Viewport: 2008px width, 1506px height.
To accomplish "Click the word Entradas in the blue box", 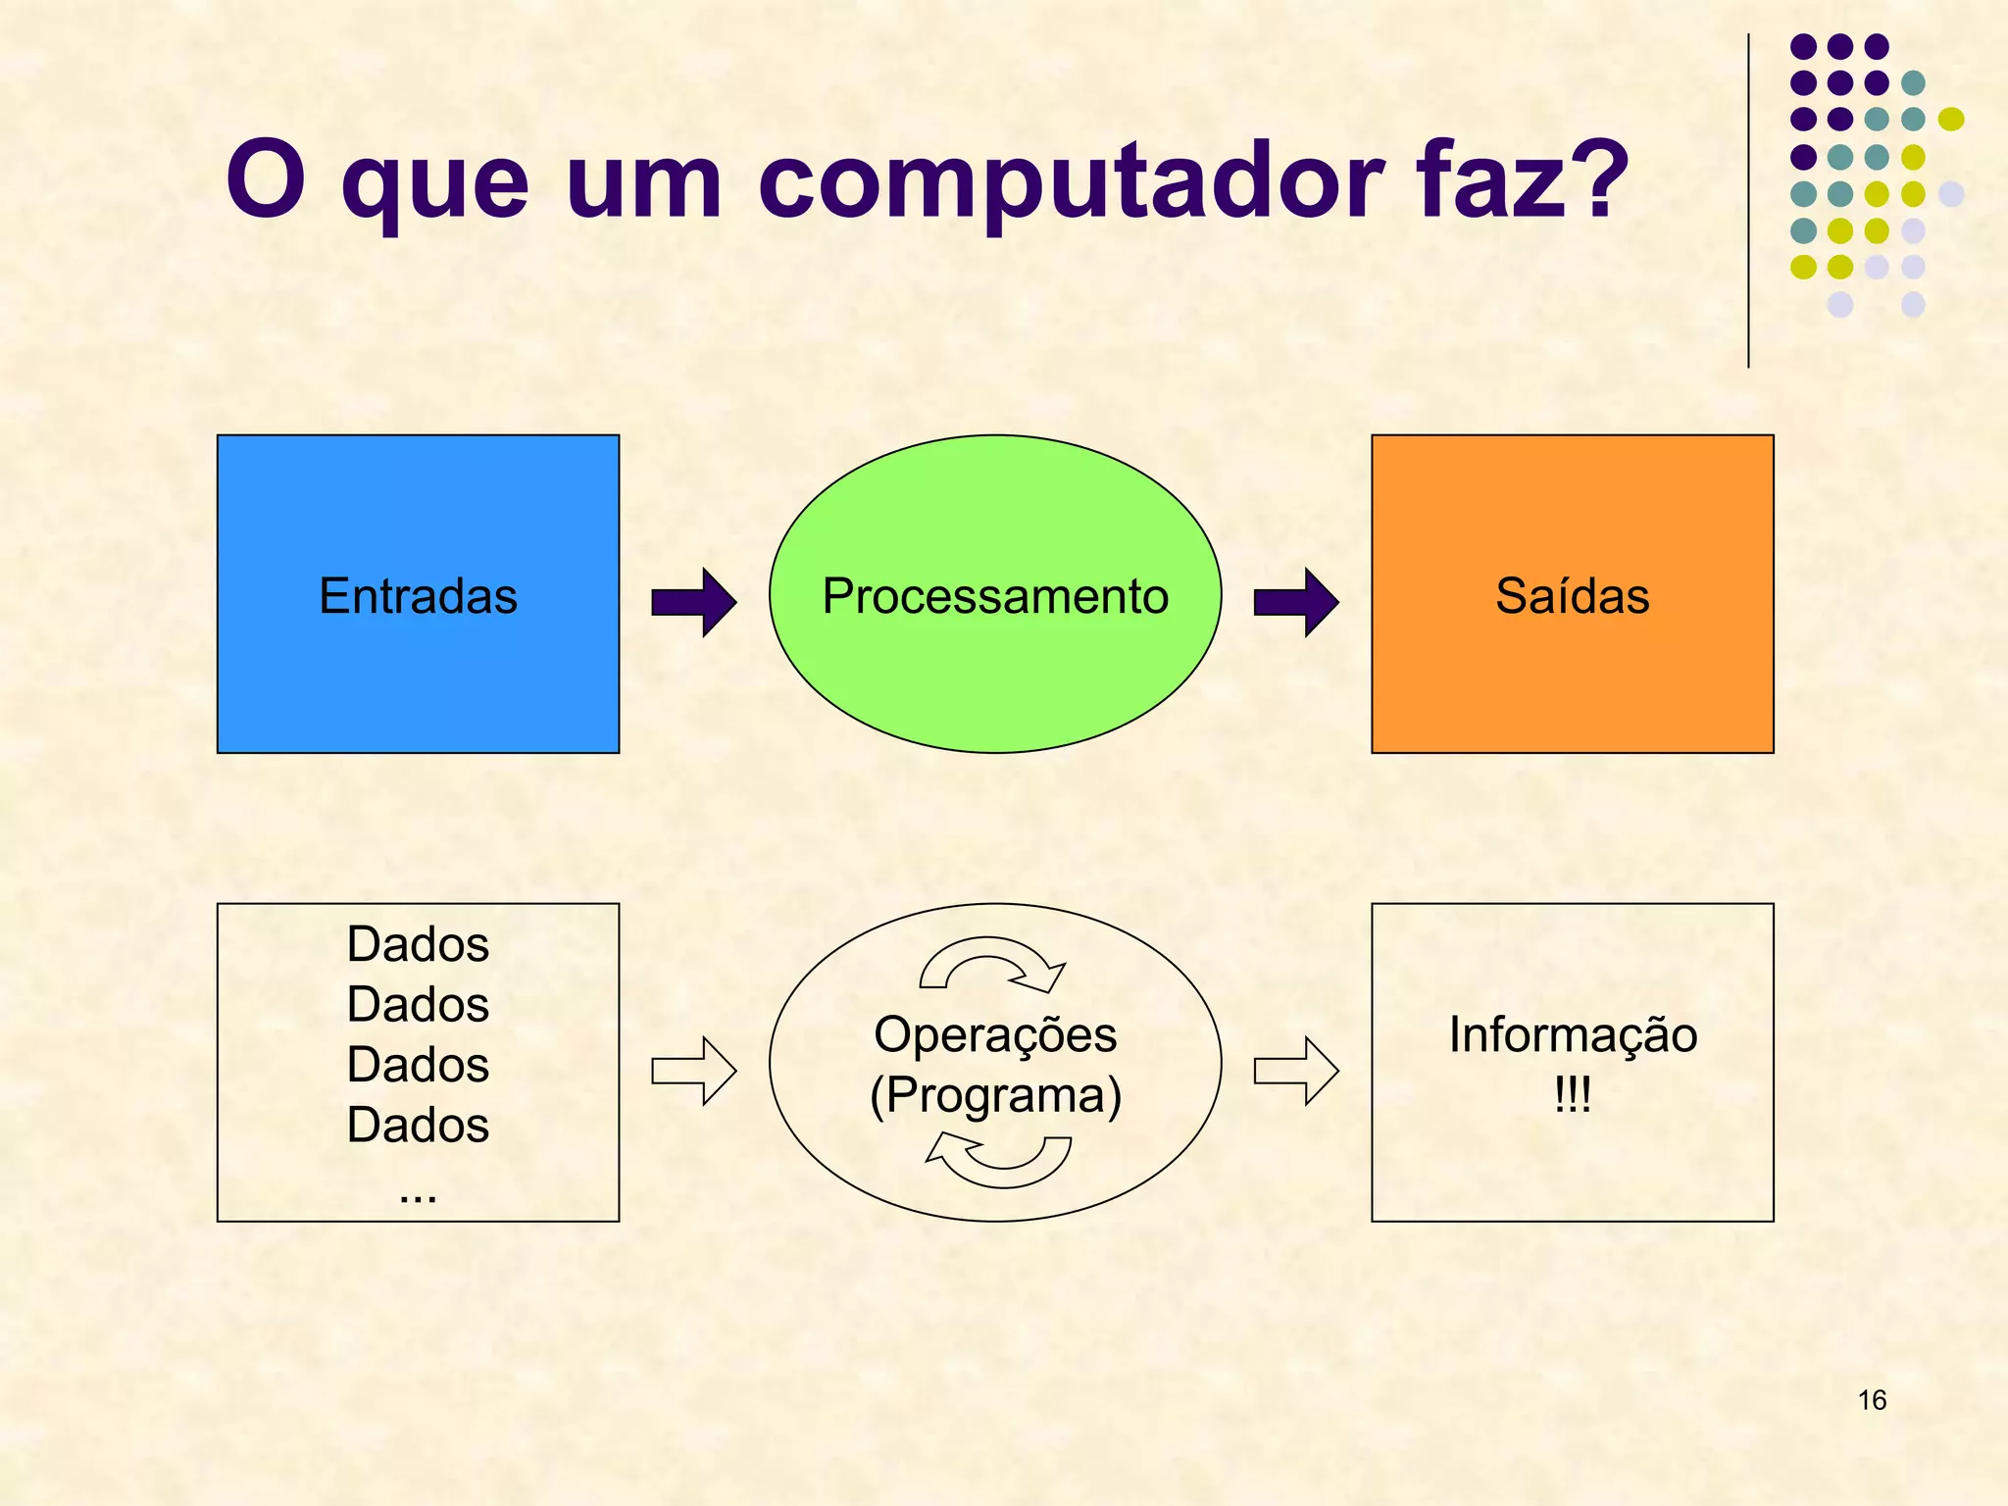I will pos(418,596).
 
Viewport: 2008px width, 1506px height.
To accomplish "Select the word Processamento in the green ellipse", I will pos(995,596).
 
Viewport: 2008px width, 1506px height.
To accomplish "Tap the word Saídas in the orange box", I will pos(1572,596).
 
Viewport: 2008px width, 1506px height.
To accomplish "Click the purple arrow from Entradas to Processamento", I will pos(694,602).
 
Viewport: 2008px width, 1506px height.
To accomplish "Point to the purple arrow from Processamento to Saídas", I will pos(1296,602).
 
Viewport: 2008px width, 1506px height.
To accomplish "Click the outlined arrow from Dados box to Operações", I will pos(694,1071).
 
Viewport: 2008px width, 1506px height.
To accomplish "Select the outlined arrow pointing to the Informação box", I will pos(1296,1071).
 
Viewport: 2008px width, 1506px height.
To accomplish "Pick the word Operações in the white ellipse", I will pos(995,1035).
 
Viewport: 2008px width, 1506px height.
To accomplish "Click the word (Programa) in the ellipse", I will pos(995,1095).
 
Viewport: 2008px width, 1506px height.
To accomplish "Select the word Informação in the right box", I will pos(1573,1035).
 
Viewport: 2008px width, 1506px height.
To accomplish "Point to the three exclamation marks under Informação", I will pos(1573,1094).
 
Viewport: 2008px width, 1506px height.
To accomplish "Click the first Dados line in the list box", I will pos(418,945).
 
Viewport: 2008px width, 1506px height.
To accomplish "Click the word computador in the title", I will pos(1071,182).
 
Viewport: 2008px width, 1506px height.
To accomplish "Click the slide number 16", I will pos(1872,1400).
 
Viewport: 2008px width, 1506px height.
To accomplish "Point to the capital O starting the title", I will pos(265,180).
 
